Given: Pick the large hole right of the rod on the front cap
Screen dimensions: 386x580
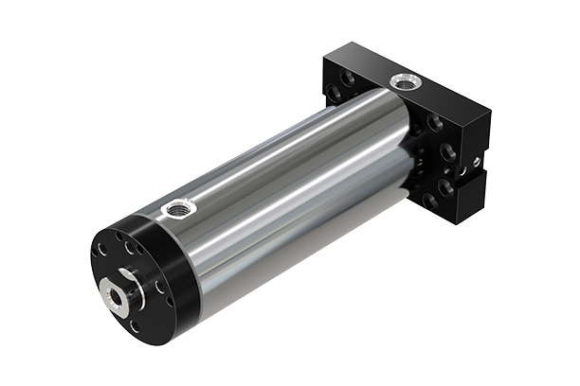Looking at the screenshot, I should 156,283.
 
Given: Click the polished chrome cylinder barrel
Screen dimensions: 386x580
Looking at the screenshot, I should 284,189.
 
